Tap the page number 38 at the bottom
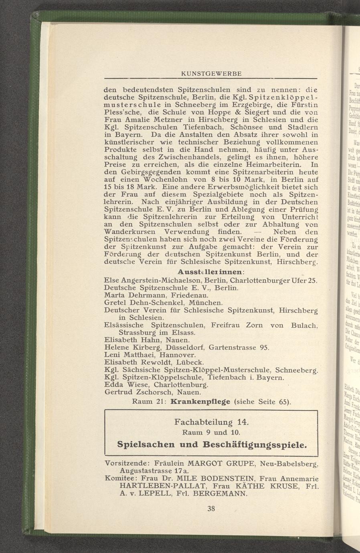211,509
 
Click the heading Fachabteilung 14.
212,422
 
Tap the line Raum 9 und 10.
211,433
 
